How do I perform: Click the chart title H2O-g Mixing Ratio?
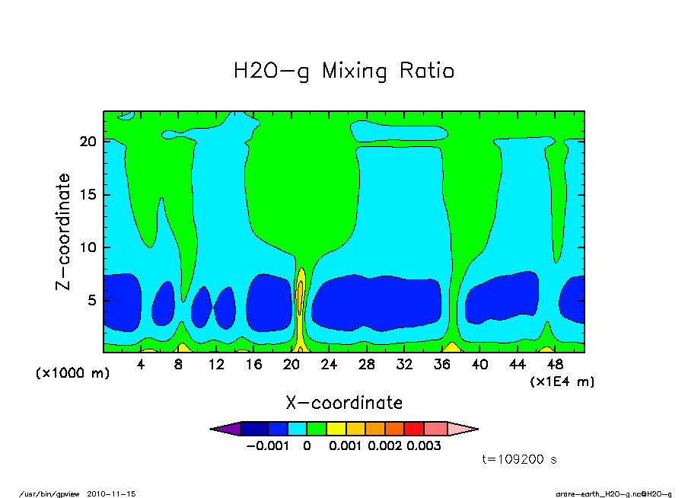pyautogui.click(x=344, y=72)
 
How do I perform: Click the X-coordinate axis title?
pyautogui.click(x=344, y=402)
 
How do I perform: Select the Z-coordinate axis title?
pyautogui.click(x=64, y=231)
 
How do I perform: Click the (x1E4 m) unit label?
pyautogui.click(x=562, y=381)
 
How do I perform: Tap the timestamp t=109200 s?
pyautogui.click(x=521, y=459)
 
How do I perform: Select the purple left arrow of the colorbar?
pyautogui.click(x=225, y=429)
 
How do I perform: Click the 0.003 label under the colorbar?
pyautogui.click(x=424, y=445)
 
